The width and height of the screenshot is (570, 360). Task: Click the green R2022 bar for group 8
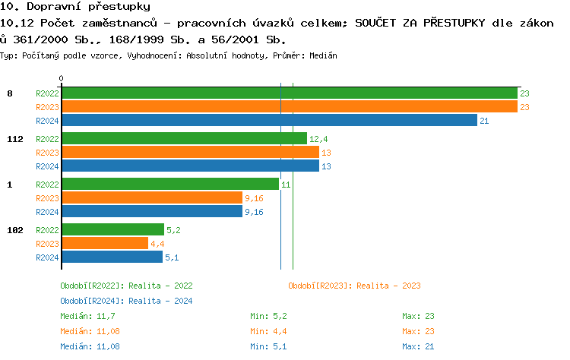289,93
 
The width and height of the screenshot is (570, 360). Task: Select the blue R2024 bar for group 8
269,120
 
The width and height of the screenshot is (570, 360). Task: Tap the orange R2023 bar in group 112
190,153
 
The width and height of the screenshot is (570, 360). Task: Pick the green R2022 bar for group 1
170,184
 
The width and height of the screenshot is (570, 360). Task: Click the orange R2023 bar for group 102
105,243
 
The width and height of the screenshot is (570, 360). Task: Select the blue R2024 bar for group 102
112,257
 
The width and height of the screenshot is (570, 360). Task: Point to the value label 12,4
318,139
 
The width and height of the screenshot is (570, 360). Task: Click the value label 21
484,121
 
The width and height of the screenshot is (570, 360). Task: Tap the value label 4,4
157,244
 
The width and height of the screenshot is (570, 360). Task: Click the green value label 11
286,185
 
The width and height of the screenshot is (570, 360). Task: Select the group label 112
15,139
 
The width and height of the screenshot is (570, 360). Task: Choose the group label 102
15,229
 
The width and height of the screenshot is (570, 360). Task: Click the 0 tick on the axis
62,78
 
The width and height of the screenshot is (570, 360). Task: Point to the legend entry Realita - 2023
354,286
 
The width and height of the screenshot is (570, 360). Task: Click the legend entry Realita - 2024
126,301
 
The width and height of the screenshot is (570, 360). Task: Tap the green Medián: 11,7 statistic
87,316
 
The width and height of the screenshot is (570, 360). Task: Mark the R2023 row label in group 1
47,198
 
